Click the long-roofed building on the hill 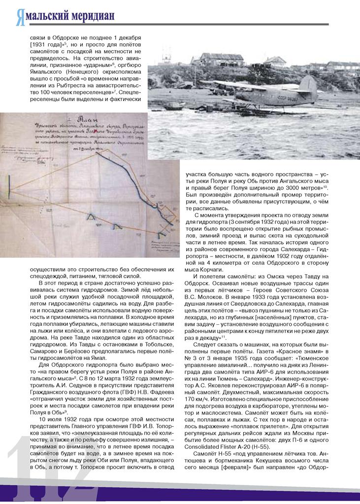221,59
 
